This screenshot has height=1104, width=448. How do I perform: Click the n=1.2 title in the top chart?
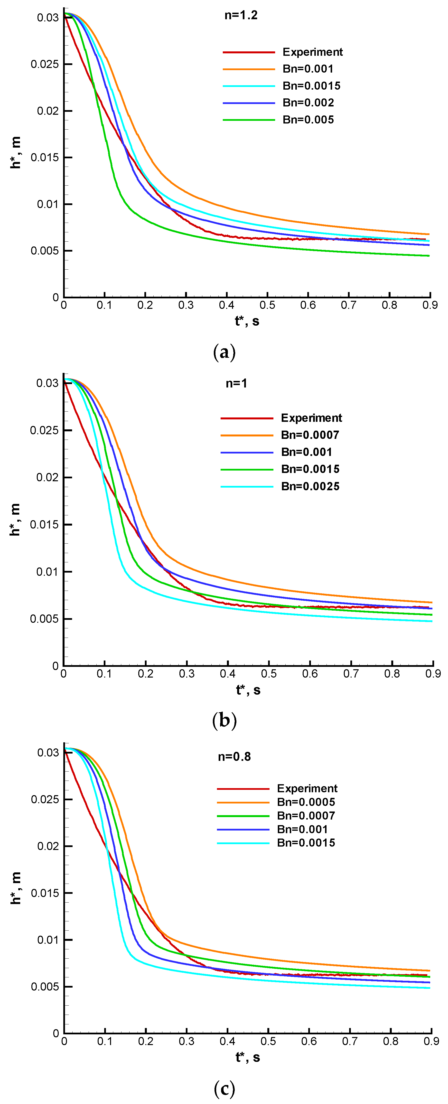(241, 15)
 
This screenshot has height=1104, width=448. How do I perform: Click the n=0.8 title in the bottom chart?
(234, 757)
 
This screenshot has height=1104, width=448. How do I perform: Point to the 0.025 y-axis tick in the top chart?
(45, 64)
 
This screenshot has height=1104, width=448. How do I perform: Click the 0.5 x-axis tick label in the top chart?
(267, 305)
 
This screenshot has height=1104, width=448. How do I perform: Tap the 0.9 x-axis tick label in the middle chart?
(433, 674)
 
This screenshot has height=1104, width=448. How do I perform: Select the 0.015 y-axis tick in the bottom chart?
(45, 893)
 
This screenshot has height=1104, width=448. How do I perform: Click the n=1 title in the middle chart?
(236, 383)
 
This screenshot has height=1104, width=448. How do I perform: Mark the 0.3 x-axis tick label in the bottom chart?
(186, 1041)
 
